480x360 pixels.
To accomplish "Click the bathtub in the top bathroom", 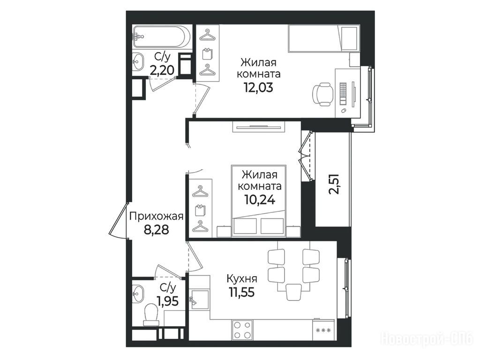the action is [x=161, y=36].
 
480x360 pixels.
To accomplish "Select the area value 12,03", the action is [x=258, y=88].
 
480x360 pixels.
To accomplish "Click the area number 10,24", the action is [x=260, y=200].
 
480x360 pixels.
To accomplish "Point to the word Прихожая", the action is [x=156, y=217].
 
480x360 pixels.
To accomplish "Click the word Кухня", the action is [x=242, y=279].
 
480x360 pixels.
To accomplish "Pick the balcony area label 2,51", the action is [x=334, y=184].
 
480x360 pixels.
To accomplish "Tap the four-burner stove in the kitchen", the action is [x=242, y=330].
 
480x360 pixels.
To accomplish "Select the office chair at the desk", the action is [x=323, y=94].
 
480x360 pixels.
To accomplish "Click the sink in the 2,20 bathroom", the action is [x=139, y=62].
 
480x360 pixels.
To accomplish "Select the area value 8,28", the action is [x=156, y=230].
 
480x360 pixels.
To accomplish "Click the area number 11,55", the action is [x=241, y=292].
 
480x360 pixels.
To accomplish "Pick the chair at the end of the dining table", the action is [x=294, y=292].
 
